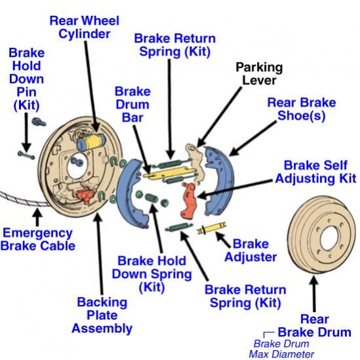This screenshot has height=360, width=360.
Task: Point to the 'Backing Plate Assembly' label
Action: [x=102, y=315]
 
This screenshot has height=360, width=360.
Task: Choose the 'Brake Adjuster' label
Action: [x=250, y=250]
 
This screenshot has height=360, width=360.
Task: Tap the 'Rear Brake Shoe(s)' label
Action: [x=301, y=110]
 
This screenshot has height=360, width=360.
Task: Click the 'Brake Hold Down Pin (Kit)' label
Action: [x=27, y=79]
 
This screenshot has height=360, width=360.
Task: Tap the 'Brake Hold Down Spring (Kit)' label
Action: [x=151, y=274]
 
